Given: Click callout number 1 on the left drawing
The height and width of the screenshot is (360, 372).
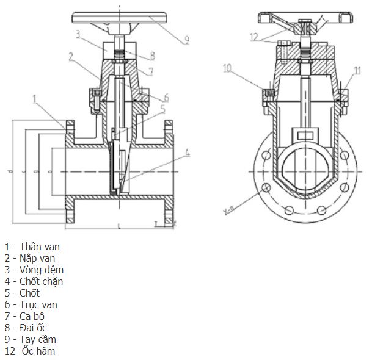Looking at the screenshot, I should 35,98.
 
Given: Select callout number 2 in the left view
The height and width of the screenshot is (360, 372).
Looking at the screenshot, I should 71,56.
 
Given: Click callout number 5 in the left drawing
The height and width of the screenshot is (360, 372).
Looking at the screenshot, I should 162,109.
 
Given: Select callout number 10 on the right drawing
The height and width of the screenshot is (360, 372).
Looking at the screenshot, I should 227,68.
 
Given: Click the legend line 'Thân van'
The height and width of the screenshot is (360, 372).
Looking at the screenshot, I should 40,247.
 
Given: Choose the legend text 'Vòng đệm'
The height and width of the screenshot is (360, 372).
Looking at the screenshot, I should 41,270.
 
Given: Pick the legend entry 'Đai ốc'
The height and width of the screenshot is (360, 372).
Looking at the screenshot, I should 37,328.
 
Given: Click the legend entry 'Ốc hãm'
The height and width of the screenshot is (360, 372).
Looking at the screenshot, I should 38,351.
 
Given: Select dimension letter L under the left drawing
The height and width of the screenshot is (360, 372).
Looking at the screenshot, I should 119,227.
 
